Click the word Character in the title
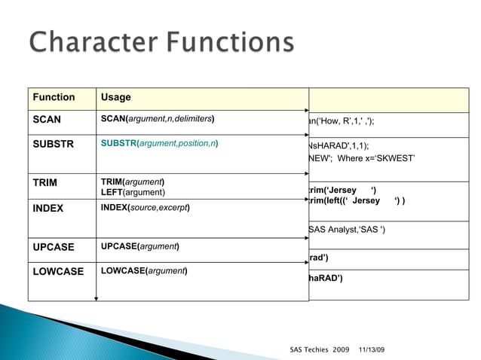tap(93, 42)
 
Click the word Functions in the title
tap(230, 42)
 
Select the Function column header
tap(52, 97)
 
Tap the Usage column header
tap(115, 97)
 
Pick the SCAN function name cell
tap(46, 119)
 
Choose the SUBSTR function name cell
tap(53, 143)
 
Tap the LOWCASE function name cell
tap(57, 271)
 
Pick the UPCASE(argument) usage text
tap(139, 247)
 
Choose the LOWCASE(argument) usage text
tap(144, 270)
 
